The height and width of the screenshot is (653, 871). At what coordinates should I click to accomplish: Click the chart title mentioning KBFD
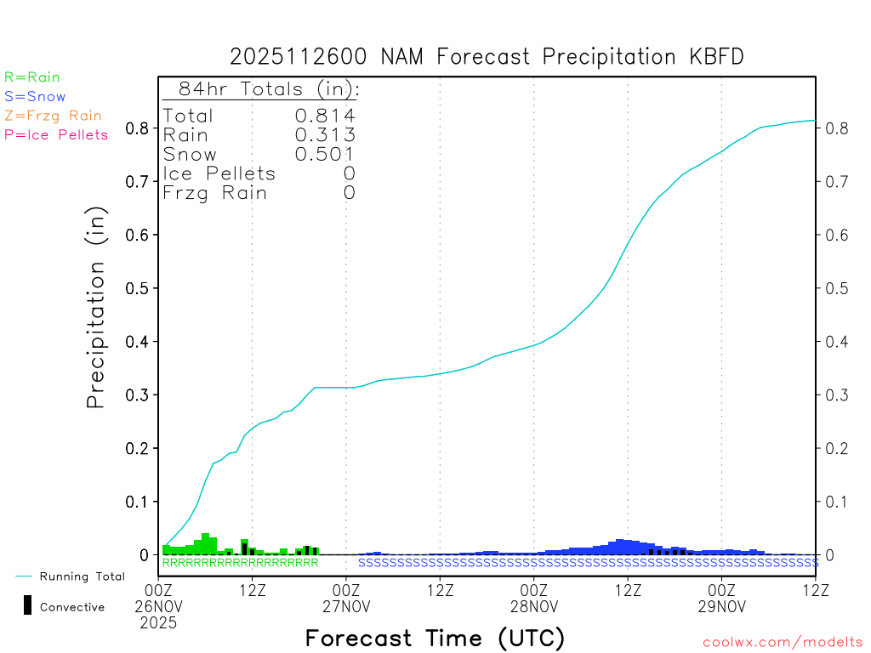(x=487, y=57)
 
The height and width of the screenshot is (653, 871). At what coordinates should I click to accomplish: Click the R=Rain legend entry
(x=32, y=77)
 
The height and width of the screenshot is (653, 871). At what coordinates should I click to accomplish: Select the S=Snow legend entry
(x=35, y=97)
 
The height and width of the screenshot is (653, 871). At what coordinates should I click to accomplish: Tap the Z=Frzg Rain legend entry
(x=53, y=116)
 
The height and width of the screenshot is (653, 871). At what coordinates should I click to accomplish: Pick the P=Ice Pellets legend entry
(x=56, y=134)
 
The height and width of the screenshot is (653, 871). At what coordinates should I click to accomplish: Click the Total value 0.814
(x=324, y=116)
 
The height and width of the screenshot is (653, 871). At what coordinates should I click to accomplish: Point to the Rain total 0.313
(x=324, y=135)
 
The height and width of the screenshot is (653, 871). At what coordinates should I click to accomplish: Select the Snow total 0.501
(x=324, y=154)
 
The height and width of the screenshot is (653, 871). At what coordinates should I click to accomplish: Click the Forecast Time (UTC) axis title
(x=435, y=638)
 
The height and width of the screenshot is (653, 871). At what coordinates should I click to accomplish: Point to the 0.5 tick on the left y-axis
(x=138, y=288)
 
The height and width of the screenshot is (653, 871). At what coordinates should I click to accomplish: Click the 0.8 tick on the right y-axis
(x=835, y=128)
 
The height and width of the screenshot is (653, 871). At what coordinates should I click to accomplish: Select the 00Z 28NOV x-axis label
(x=533, y=598)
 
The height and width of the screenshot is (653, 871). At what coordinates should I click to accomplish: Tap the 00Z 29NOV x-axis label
(x=721, y=598)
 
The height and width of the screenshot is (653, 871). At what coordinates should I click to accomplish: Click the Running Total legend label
(x=82, y=576)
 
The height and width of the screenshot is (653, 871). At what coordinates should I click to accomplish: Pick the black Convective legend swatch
(x=28, y=605)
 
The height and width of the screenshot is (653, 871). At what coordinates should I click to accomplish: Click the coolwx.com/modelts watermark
(x=783, y=642)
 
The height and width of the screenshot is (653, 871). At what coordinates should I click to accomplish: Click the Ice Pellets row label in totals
(x=219, y=173)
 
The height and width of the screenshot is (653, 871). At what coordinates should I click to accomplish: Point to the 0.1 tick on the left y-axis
(x=138, y=502)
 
